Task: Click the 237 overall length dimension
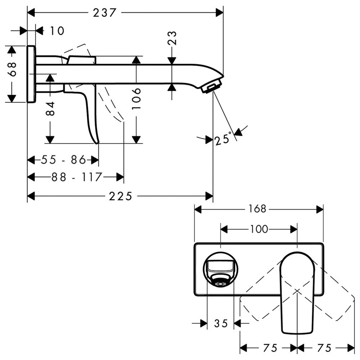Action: (105, 13)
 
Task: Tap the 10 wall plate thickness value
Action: (57, 31)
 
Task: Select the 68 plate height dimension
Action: (12, 69)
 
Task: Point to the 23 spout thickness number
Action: (172, 38)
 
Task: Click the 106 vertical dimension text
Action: (136, 98)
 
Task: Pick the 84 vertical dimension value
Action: (50, 109)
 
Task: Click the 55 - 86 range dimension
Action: (63, 159)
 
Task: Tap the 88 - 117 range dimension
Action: (76, 177)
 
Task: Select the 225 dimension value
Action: (121, 196)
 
